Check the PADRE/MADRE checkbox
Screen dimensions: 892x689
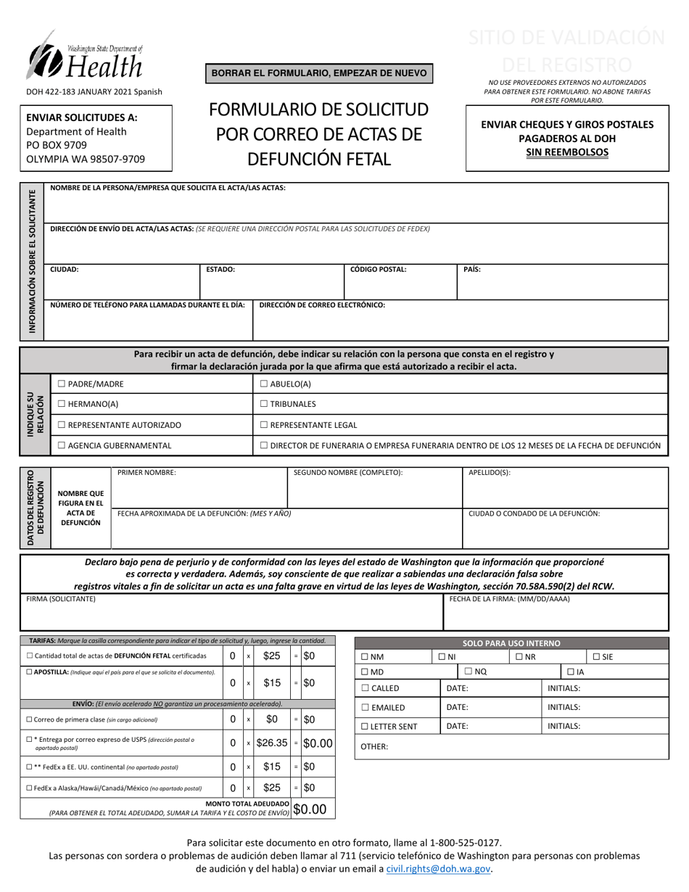[62, 384]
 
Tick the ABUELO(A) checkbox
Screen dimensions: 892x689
[264, 384]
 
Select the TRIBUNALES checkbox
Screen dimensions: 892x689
[264, 404]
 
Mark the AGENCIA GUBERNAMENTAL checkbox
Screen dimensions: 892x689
[62, 445]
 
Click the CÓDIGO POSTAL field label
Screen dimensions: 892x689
[378, 269]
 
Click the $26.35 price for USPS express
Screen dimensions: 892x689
[272, 743]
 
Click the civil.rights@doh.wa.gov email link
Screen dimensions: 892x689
[439, 868]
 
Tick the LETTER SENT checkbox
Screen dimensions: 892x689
[366, 726]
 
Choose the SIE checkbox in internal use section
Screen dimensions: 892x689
[595, 657]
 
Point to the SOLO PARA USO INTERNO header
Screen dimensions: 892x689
[511, 643]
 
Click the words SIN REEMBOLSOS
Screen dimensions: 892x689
[566, 152]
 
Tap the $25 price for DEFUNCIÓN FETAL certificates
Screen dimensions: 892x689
[272, 656]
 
